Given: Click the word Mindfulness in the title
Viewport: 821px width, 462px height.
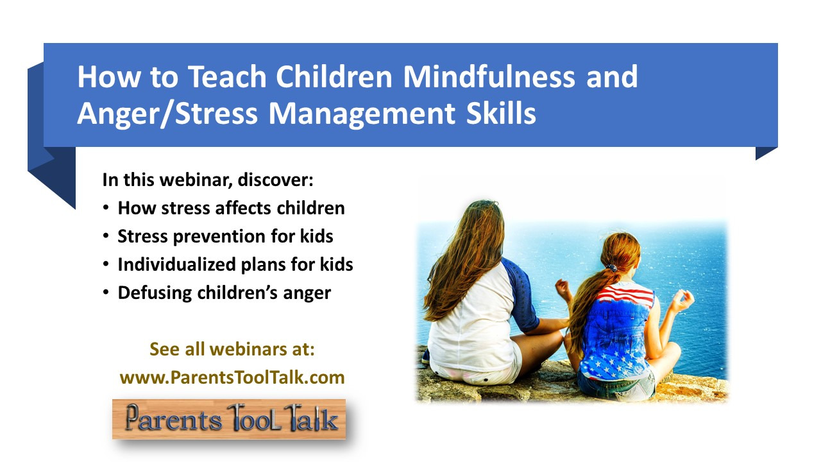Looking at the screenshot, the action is point(489,76).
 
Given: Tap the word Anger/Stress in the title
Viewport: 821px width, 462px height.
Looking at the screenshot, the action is point(167,114).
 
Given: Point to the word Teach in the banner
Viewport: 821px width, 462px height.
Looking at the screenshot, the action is point(227,76).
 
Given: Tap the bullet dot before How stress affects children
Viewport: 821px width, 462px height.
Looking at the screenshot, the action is point(106,208).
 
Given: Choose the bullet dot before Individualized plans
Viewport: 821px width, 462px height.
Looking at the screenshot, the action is point(106,264).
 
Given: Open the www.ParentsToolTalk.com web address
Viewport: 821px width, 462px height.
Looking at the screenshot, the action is point(232,377).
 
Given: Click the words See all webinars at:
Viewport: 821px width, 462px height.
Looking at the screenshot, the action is point(232,349).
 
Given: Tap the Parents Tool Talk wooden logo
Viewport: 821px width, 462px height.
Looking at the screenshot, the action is point(229,419).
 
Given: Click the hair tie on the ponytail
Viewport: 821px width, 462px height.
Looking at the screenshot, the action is point(611,268).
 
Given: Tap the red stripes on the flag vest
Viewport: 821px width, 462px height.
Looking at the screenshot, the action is point(625,294).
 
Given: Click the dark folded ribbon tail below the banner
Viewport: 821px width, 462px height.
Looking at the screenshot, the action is point(52,158).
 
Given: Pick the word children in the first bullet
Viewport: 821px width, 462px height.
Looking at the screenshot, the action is point(310,208).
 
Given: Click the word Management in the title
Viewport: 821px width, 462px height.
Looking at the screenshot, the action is point(362,114).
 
